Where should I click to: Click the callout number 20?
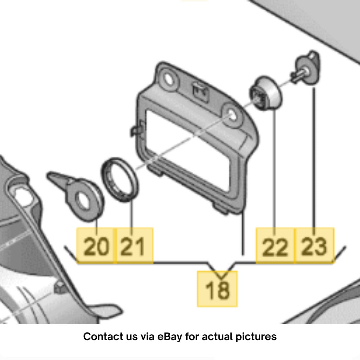(96, 247)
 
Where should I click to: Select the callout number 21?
(133, 247)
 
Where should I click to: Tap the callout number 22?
(275, 247)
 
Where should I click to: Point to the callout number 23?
(314, 247)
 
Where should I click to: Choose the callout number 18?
(217, 290)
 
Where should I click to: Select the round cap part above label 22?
(266, 93)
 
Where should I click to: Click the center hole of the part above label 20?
(83, 201)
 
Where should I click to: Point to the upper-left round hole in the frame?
(169, 80)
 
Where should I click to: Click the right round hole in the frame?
(232, 115)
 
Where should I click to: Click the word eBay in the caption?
(169, 337)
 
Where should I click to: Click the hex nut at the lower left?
(60, 287)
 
